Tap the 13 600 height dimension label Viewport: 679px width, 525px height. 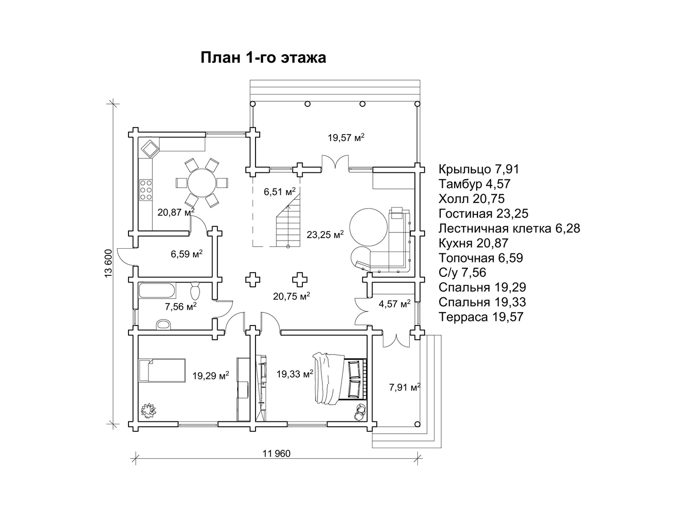pyautogui.click(x=108, y=263)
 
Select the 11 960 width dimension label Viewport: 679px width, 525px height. pyautogui.click(x=276, y=453)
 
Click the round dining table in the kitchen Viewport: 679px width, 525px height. pyautogui.click(x=202, y=182)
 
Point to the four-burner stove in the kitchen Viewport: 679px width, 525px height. pyautogui.click(x=146, y=189)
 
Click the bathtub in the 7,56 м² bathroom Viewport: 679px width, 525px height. pyautogui.click(x=157, y=291)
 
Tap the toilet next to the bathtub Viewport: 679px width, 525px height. pyautogui.click(x=195, y=291)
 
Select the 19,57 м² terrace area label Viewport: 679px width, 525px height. pyautogui.click(x=346, y=137)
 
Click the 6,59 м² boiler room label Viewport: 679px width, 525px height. pyautogui.click(x=187, y=253)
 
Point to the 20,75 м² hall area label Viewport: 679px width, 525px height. pyautogui.click(x=292, y=296)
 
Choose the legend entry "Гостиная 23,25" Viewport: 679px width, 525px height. pyautogui.click(x=483, y=214)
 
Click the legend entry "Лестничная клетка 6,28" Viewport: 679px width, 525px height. pyautogui.click(x=509, y=228)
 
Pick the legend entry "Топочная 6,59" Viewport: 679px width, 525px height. pyautogui.click(x=481, y=258)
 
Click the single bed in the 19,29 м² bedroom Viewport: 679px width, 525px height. pyautogui.click(x=162, y=370)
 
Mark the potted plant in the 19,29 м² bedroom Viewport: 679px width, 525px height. pyautogui.click(x=148, y=409)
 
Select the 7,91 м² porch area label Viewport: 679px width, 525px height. pyautogui.click(x=404, y=387)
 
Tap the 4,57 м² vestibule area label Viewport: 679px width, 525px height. pyautogui.click(x=395, y=304)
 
